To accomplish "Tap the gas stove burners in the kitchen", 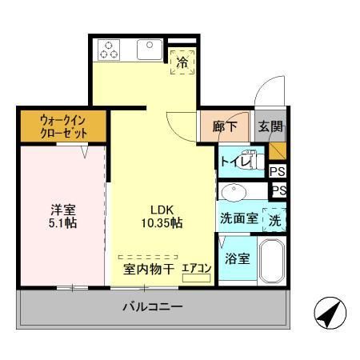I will point(110,50).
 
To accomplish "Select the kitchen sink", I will point(149,50).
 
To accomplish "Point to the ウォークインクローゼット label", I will point(63,126).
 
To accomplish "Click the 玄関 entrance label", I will point(270,126).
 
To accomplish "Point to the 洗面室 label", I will point(238,218).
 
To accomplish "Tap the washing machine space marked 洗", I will point(274,220).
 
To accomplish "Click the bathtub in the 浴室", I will point(273,262).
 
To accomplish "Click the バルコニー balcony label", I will point(152,306).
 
